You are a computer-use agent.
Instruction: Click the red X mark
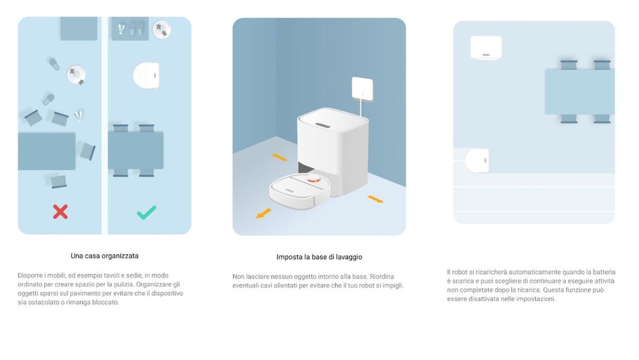coord(60,212)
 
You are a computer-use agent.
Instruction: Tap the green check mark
coord(146,212)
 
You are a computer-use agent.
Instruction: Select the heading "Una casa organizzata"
coord(105,256)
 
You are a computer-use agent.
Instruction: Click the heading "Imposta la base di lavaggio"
coord(319,257)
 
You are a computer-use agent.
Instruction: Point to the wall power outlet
coord(362,90)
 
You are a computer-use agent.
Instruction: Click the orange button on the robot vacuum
coord(313,178)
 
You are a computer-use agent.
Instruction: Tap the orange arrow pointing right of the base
coord(375,199)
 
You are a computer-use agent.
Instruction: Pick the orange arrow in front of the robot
coord(263,213)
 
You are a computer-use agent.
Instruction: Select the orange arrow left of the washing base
coord(280,157)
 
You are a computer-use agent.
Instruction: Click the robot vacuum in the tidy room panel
coord(146,75)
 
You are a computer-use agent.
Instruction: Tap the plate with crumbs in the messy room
coord(76,75)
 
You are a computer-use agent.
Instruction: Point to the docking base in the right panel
coord(486,48)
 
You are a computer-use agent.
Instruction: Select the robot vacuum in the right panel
coord(477,160)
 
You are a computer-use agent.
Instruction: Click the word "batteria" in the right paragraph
coord(604,272)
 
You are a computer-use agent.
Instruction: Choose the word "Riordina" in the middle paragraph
coord(382,276)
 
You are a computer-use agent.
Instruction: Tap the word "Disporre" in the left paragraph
coord(30,276)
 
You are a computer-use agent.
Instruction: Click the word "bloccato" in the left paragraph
coord(107,302)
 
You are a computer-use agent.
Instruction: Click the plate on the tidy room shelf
coord(162,29)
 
